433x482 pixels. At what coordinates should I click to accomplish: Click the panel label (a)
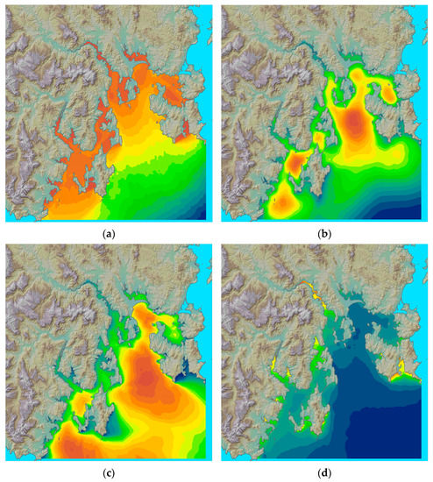(x=108, y=233)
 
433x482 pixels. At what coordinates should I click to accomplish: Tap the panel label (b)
(x=325, y=233)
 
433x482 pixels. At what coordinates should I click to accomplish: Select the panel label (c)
(x=108, y=474)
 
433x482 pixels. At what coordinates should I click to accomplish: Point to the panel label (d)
(x=325, y=474)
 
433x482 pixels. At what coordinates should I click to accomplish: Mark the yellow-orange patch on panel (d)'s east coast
(x=402, y=375)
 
